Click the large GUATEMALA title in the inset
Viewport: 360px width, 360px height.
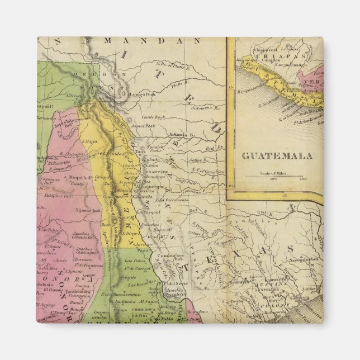(277, 156)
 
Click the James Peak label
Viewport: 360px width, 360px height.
(142, 126)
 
